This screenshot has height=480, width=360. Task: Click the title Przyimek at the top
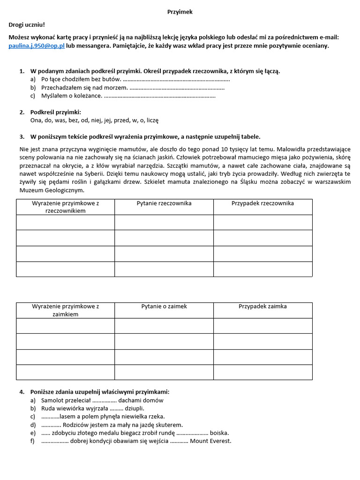180,12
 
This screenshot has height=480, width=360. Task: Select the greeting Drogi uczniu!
27,25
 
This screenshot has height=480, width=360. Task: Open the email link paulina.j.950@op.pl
37,45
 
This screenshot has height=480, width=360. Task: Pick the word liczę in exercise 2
153,120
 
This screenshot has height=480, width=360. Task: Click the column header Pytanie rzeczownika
164,203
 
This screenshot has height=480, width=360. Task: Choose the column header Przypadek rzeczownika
262,203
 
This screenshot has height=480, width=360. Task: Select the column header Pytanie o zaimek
164,307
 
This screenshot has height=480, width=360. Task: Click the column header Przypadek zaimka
262,307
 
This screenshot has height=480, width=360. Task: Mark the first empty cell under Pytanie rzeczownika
164,222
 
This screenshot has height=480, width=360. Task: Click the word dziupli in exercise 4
135,408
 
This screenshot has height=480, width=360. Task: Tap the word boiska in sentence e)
219,433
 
